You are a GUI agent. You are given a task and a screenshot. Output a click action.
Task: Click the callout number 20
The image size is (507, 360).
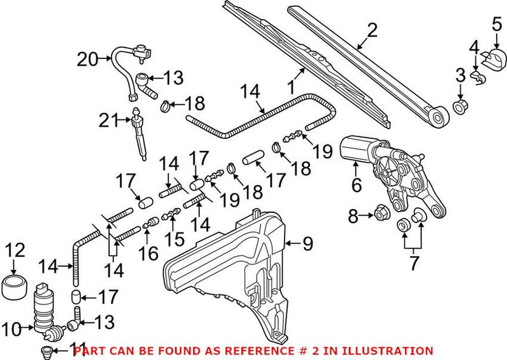(87, 60)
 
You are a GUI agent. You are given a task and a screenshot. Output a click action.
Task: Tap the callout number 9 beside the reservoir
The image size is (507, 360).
(307, 243)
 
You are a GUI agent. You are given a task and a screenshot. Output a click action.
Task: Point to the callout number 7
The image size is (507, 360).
(414, 262)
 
